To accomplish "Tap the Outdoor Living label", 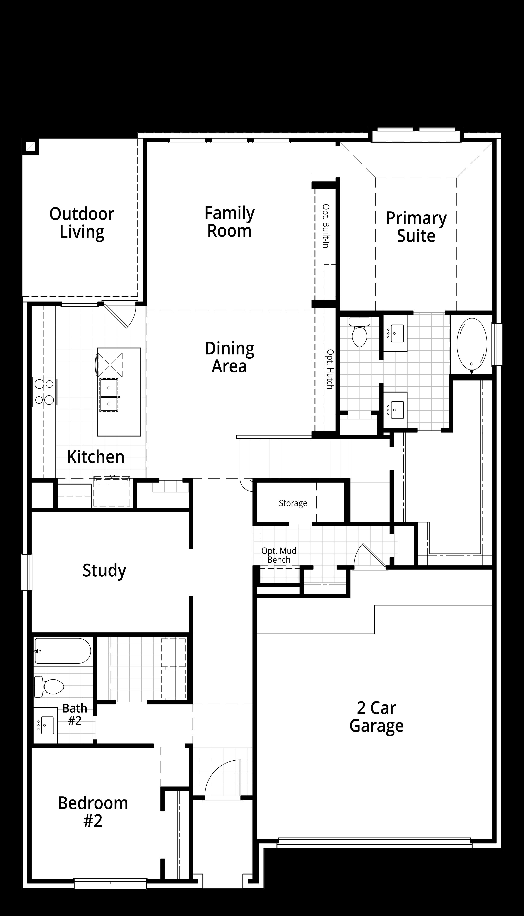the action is click(82, 223).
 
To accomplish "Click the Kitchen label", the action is click(96, 457).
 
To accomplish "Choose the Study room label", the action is click(104, 570).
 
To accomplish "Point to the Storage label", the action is click(293, 503).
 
